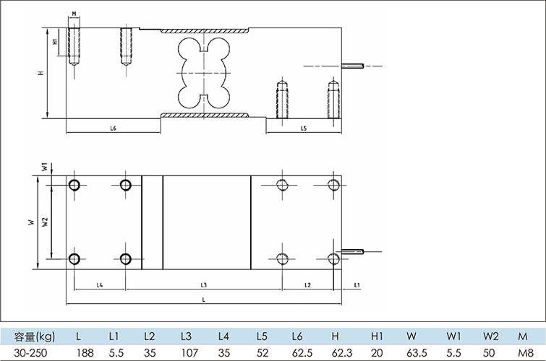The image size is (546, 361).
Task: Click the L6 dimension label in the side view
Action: (114, 128)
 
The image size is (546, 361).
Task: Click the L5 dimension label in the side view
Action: (304, 128)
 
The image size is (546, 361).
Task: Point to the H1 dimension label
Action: (56, 42)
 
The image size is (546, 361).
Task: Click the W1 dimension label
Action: (44, 167)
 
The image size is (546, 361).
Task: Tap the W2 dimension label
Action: (45, 222)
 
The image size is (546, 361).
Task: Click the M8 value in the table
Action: (523, 352)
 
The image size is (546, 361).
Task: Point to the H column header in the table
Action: (335, 336)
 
